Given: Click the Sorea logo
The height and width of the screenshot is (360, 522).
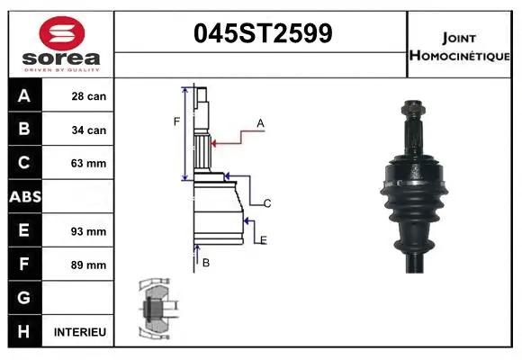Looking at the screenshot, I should click(61, 44).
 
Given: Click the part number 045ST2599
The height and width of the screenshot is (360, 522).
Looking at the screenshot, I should click(263, 33).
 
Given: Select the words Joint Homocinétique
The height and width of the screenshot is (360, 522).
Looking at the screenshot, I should click(462, 46).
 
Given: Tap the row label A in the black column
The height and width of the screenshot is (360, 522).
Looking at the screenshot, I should click(24, 96).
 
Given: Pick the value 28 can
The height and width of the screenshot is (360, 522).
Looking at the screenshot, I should click(89, 96).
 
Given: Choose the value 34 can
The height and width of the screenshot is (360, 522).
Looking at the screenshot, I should click(89, 130).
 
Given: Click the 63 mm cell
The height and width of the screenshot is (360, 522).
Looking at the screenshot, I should click(89, 164).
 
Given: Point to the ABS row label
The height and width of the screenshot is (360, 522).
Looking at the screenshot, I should click(24, 197).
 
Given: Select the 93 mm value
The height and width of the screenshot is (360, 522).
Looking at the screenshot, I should click(89, 231).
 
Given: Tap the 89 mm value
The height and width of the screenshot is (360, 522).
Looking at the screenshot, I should click(89, 265).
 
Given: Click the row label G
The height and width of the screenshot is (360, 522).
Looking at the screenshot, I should click(24, 298).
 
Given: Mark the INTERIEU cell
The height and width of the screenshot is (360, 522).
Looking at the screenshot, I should click(80, 332).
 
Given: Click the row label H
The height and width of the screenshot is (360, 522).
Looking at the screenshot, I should click(24, 332).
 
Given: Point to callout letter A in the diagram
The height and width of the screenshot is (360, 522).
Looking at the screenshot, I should click(260, 122).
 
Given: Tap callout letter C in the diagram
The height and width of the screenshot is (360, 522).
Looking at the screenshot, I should click(267, 204).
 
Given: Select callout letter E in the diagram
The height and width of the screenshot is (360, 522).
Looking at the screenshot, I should click(264, 239).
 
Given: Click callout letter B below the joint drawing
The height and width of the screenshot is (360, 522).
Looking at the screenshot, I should click(206, 263).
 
